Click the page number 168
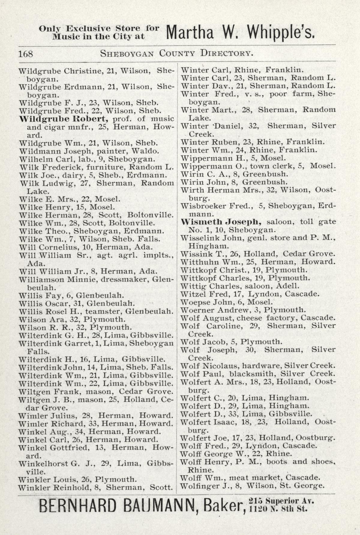[x=26, y=54]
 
